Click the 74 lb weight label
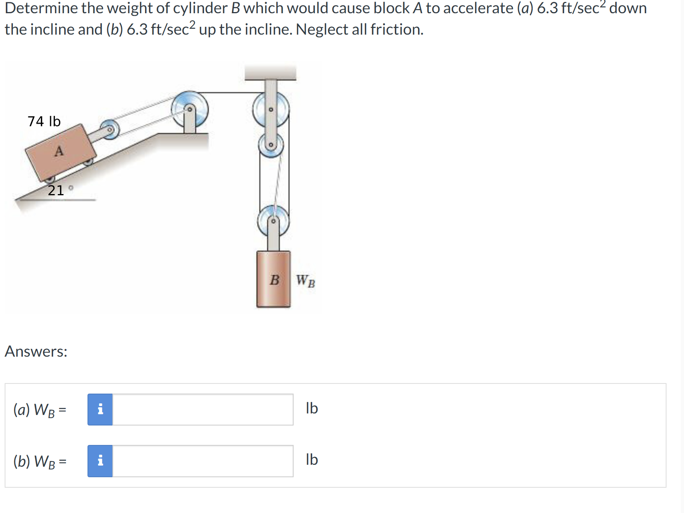coord(44,121)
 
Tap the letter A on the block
coord(59,151)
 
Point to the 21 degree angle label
coord(59,190)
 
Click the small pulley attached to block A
coord(109,129)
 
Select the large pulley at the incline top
coord(190,109)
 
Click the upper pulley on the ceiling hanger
coord(271,109)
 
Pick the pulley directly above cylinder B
coord(273,221)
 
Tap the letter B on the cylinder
coord(274,280)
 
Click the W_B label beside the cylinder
coord(305,281)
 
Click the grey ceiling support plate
coord(270,73)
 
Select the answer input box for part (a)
coord(203,410)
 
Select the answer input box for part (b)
coord(203,461)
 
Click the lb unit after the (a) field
coord(312,408)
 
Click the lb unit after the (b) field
coord(312,460)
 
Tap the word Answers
coord(36,352)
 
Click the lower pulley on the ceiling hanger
coord(271,145)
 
